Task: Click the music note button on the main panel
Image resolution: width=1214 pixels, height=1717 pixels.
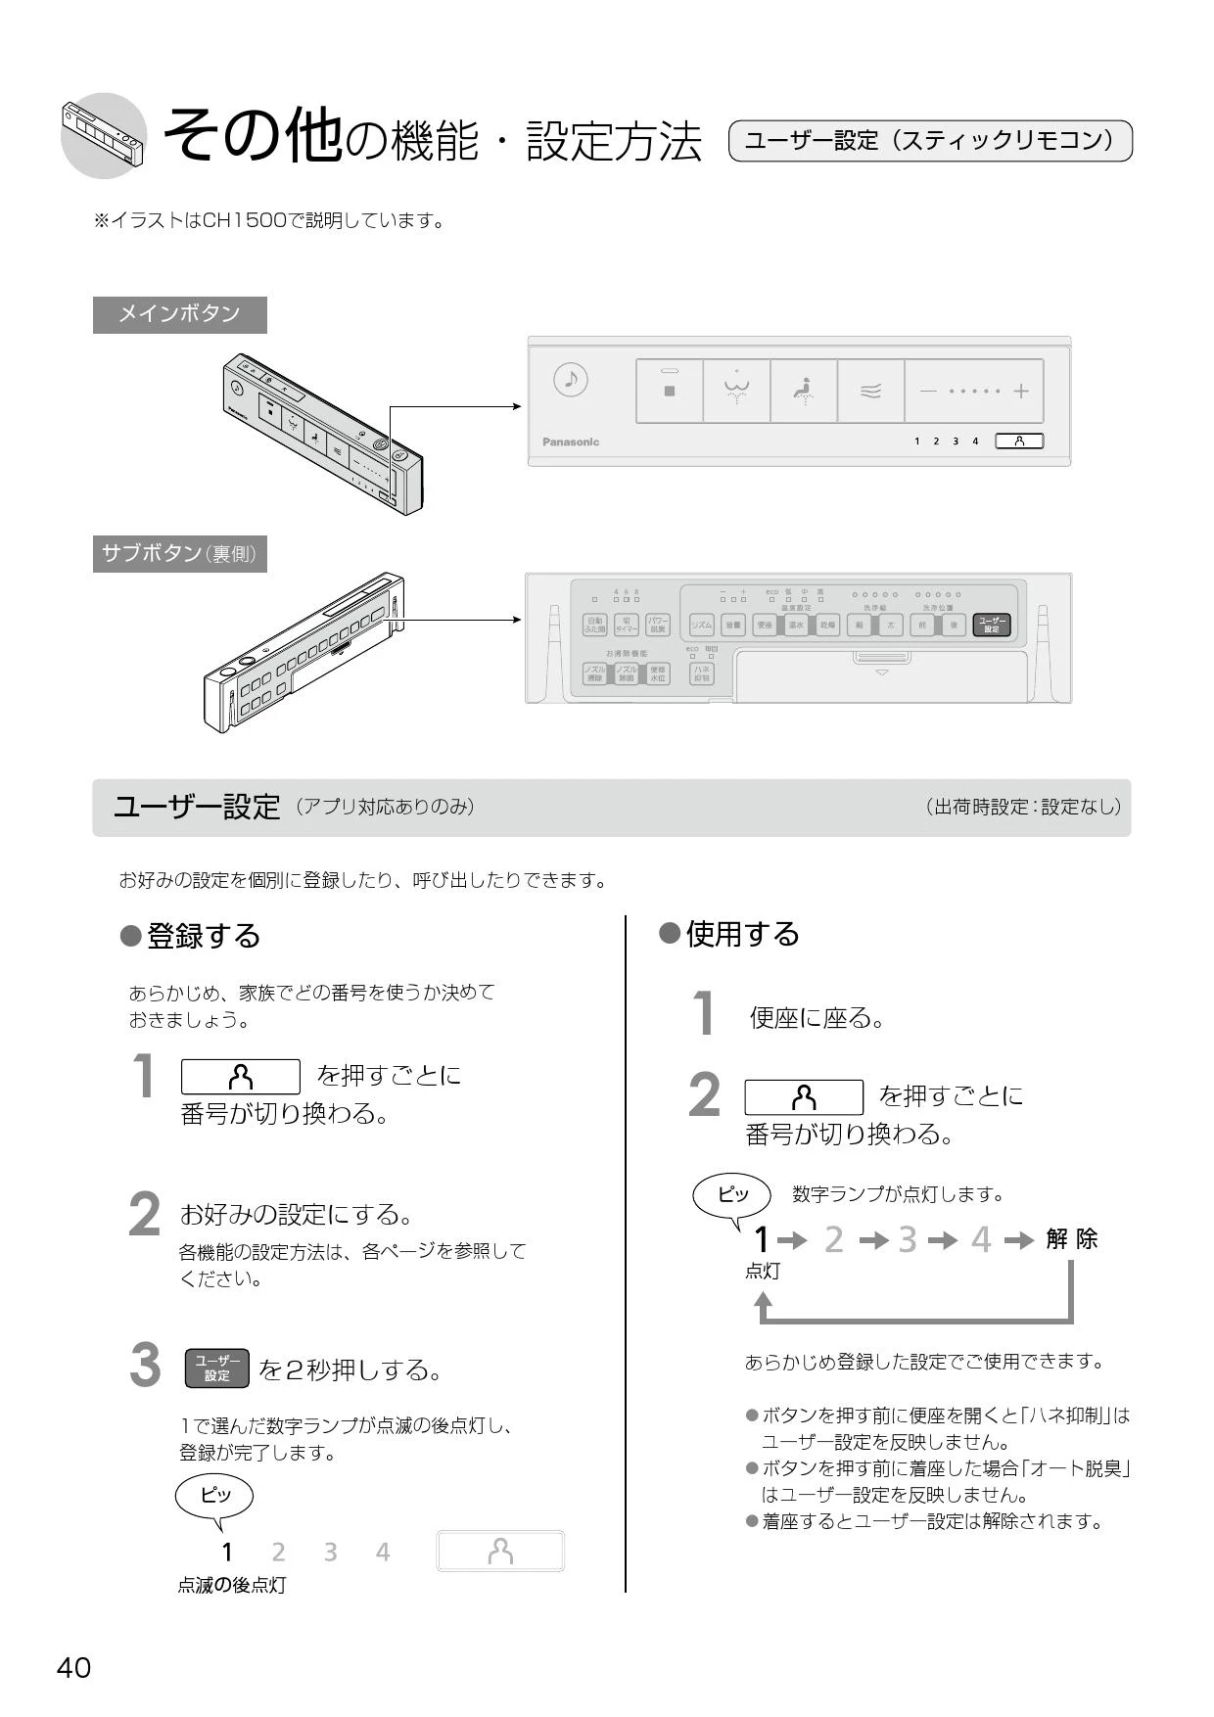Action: click(x=571, y=380)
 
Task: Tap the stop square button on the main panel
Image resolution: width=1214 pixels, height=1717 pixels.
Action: click(x=670, y=391)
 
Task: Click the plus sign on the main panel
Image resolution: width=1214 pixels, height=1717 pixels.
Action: click(x=1021, y=391)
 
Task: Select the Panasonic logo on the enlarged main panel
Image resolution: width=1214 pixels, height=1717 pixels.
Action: click(x=571, y=441)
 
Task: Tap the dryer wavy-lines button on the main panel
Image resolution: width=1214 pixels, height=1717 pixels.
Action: click(x=870, y=392)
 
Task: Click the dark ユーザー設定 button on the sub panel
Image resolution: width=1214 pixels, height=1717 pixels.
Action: click(x=992, y=625)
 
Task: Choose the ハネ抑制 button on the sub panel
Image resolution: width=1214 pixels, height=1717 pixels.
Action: click(x=702, y=673)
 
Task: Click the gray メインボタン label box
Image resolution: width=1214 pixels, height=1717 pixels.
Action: click(x=179, y=314)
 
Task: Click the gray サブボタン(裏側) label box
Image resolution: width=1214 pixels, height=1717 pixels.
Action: click(x=179, y=554)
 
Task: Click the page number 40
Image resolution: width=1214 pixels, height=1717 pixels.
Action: click(x=73, y=1668)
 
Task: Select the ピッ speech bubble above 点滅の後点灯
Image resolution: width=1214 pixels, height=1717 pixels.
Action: click(x=214, y=1496)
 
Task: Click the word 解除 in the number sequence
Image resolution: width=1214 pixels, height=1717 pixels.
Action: click(x=1071, y=1239)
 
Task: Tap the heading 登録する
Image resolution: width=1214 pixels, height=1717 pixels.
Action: click(x=203, y=936)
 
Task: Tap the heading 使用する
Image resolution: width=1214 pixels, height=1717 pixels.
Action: click(x=742, y=934)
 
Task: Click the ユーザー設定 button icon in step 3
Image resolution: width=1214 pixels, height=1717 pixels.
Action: click(x=216, y=1369)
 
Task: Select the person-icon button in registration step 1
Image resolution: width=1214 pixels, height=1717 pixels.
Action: click(x=241, y=1077)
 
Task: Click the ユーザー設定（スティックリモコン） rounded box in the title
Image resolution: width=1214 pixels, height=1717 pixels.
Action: click(x=930, y=141)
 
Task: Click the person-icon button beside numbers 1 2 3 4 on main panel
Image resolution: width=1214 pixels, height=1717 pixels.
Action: click(x=1019, y=441)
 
